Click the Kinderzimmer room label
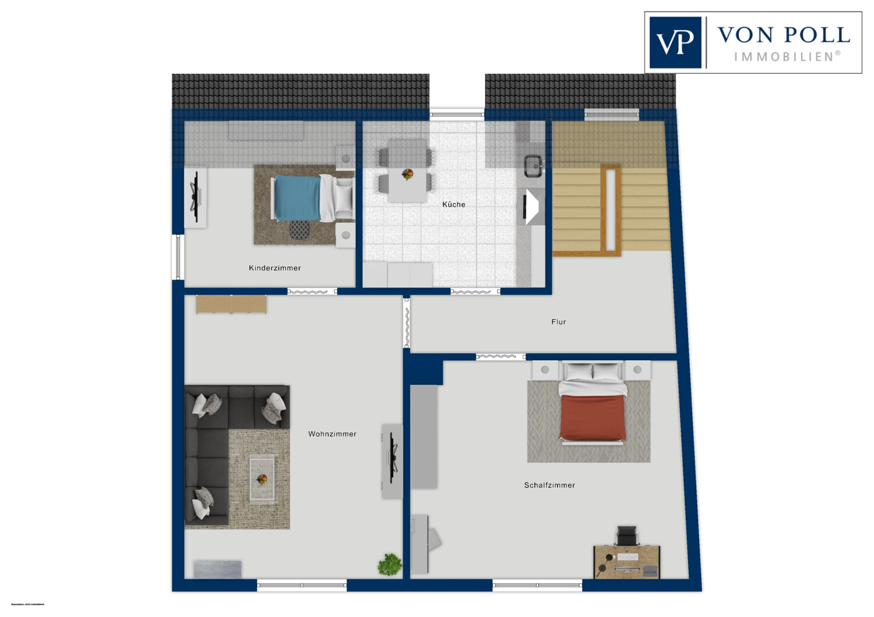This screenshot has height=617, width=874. click(274, 268)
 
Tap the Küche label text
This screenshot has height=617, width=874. click(453, 205)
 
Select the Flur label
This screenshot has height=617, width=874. click(558, 322)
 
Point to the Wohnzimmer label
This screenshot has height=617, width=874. click(332, 434)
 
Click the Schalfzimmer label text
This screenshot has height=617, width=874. click(549, 485)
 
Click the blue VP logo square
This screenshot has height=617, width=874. click(675, 42)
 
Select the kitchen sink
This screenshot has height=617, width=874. click(533, 166)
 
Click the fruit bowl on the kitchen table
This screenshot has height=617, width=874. click(407, 174)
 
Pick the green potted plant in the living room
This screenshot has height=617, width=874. click(389, 564)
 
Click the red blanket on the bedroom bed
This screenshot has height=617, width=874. click(593, 417)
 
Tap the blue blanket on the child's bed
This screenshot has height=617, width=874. click(297, 198)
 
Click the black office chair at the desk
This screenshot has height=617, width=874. click(626, 536)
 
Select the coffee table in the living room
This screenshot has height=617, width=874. click(262, 478)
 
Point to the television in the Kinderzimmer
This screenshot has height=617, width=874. click(196, 197)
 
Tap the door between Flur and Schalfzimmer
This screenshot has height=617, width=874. click(501, 357)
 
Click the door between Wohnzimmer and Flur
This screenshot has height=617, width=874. click(407, 323)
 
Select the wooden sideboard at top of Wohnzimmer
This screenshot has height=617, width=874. click(231, 304)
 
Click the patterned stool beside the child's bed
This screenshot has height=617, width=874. click(299, 230)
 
